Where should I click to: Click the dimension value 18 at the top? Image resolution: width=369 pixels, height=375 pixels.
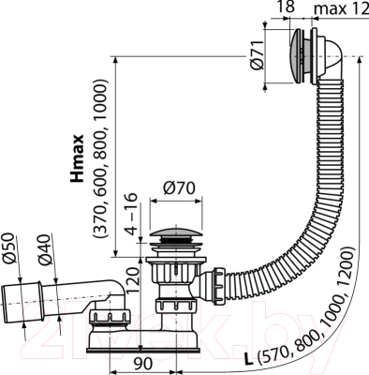[x=288, y=8]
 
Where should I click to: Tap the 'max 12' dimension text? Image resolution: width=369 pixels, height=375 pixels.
[x=339, y=8]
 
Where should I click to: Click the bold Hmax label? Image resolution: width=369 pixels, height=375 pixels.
[x=81, y=156]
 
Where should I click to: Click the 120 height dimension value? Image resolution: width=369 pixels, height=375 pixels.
[x=133, y=285]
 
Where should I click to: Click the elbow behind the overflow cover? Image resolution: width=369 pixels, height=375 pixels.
[x=343, y=66]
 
